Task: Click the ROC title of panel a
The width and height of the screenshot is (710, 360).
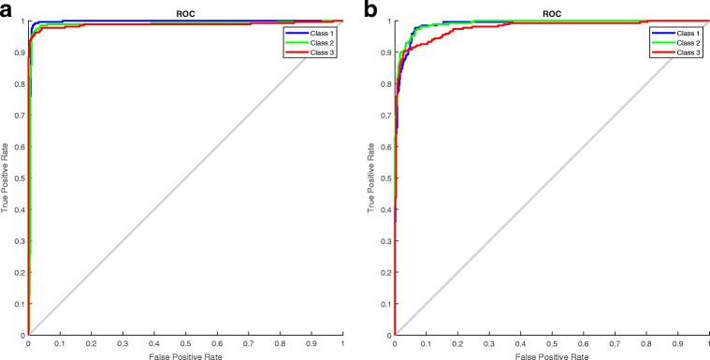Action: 185,13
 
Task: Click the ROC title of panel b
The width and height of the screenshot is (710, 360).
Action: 553,13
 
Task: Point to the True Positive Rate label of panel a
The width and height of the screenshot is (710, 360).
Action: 7,178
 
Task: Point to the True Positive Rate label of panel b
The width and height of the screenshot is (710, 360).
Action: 375,178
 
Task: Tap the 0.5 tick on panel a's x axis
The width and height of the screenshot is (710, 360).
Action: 185,342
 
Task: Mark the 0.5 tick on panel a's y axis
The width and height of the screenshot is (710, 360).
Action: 20,178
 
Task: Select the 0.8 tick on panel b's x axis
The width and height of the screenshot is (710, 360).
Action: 647,342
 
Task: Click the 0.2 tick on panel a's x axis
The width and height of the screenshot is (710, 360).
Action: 91,342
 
